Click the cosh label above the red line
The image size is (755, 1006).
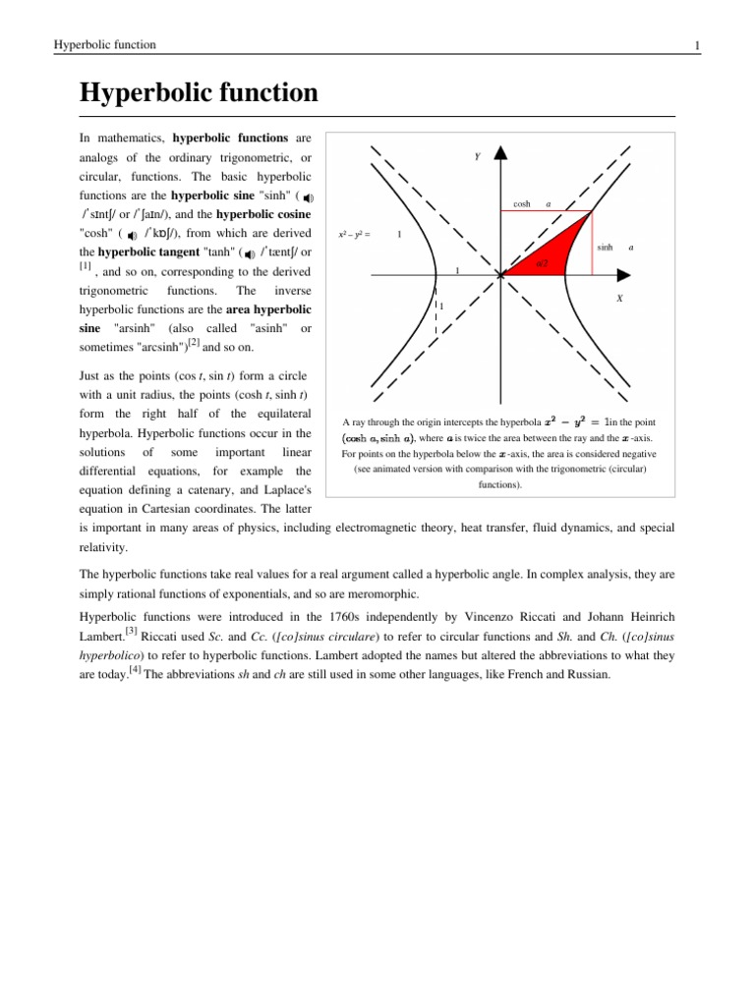pyautogui.click(x=522, y=204)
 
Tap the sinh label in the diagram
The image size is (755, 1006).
pyautogui.click(x=605, y=249)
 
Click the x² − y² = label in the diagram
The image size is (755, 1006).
pyautogui.click(x=352, y=234)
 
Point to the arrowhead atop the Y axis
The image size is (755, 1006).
pyautogui.click(x=500, y=153)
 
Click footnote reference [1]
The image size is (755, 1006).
pyautogui.click(x=86, y=267)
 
